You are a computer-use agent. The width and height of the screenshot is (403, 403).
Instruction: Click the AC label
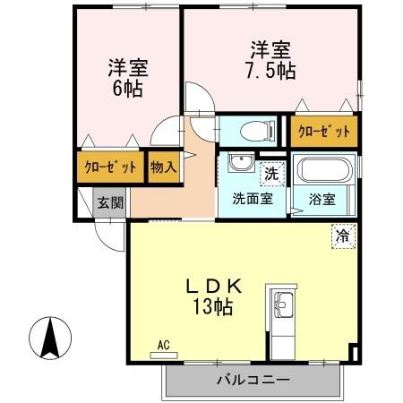coord(163,344)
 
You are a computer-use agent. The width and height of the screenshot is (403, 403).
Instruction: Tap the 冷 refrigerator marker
coord(343,236)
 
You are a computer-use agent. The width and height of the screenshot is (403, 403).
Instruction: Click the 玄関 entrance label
coord(109,201)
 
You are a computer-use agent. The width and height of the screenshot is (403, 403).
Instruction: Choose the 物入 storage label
coord(162,167)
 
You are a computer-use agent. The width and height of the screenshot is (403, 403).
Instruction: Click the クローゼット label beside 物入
coord(110,167)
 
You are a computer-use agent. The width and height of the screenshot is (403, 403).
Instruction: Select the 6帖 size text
coord(128,90)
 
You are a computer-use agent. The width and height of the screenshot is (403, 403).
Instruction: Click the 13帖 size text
coord(215,307)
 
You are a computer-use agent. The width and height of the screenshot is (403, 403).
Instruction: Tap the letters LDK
coord(215,286)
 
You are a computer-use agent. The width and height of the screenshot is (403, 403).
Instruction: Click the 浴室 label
coord(322,199)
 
